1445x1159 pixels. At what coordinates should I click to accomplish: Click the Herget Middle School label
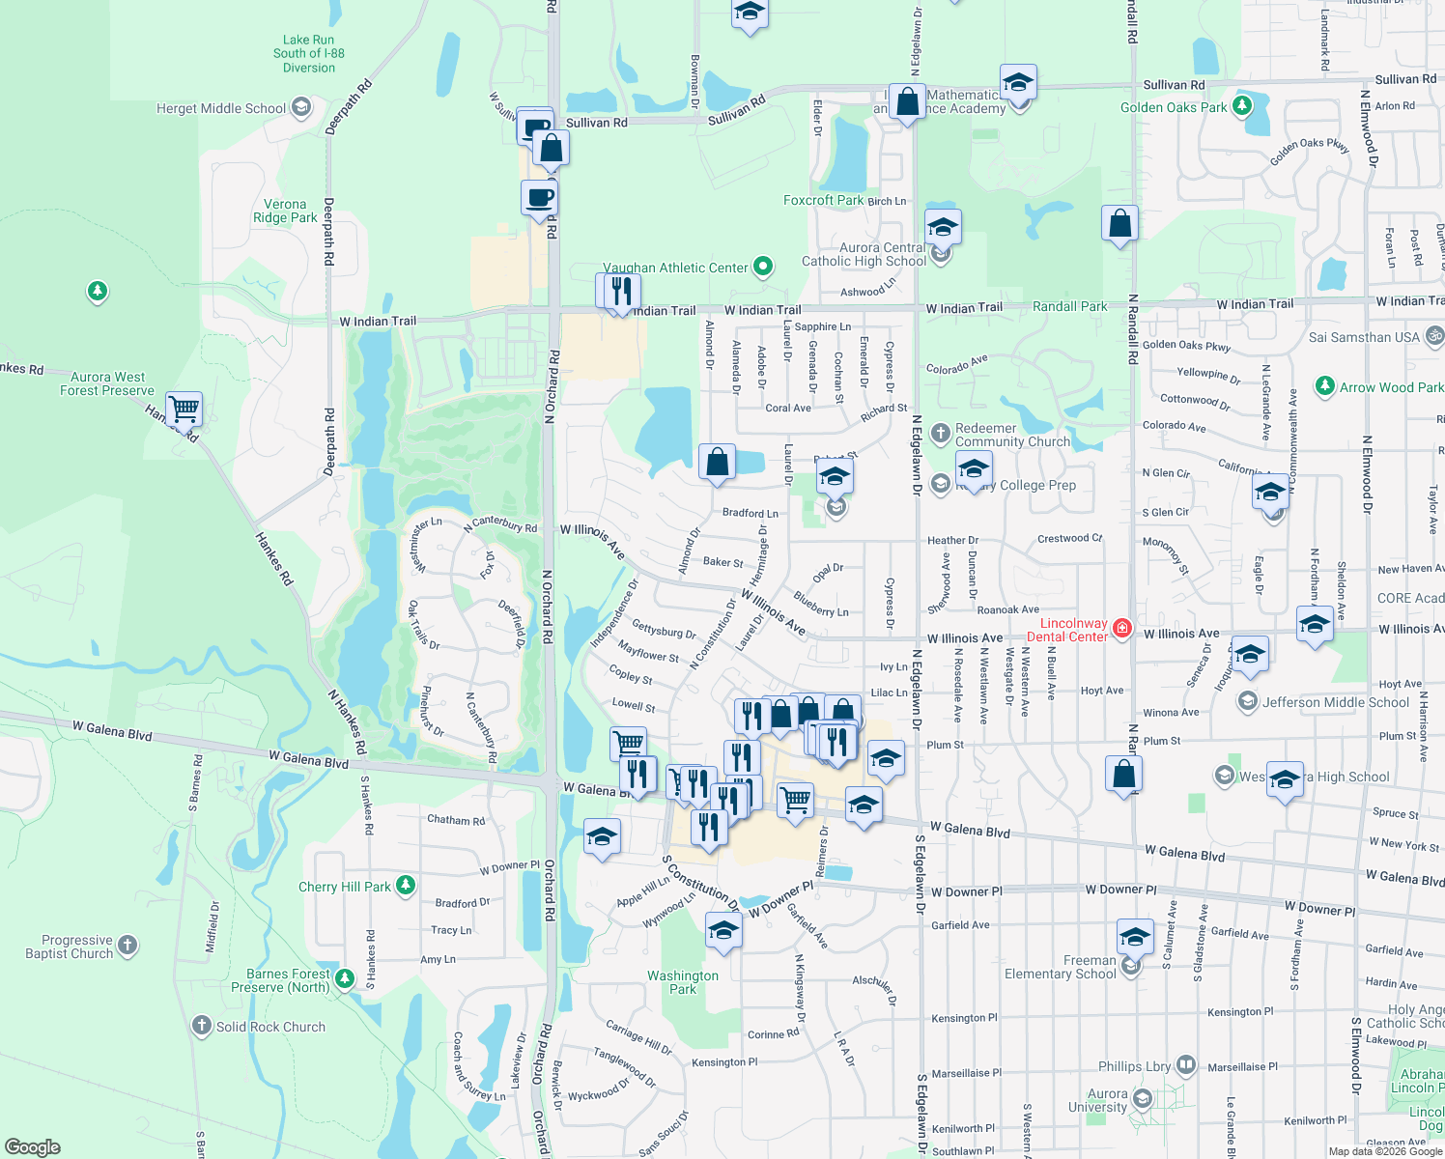pyautogui.click(x=221, y=108)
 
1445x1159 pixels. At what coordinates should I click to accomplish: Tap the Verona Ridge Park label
pyautogui.click(x=285, y=211)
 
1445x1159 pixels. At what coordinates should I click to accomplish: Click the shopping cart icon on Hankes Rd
pyautogui.click(x=184, y=409)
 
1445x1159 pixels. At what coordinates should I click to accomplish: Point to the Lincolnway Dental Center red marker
pyautogui.click(x=1121, y=629)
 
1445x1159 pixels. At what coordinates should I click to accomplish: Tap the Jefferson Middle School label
pyautogui.click(x=1335, y=702)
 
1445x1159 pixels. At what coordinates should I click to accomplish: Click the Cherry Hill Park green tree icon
pyautogui.click(x=406, y=885)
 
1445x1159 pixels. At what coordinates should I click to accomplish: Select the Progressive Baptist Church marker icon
pyautogui.click(x=127, y=946)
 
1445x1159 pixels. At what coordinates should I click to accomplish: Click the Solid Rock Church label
pyautogui.click(x=270, y=1027)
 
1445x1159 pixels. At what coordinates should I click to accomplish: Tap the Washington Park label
pyautogui.click(x=683, y=982)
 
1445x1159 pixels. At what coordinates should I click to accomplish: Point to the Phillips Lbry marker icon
pyautogui.click(x=1186, y=1065)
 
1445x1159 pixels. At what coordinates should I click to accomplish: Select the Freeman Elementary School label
pyautogui.click(x=1061, y=967)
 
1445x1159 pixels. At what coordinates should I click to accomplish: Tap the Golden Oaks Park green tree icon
pyautogui.click(x=1242, y=105)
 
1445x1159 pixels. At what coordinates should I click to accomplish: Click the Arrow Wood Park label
pyautogui.click(x=1391, y=387)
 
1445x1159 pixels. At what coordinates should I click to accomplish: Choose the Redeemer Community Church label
pyautogui.click(x=1012, y=435)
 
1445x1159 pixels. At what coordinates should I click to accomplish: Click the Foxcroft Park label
pyautogui.click(x=823, y=200)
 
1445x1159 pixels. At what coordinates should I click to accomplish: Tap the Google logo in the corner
pyautogui.click(x=32, y=1147)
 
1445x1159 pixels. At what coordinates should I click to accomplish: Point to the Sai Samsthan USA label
pyautogui.click(x=1364, y=337)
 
